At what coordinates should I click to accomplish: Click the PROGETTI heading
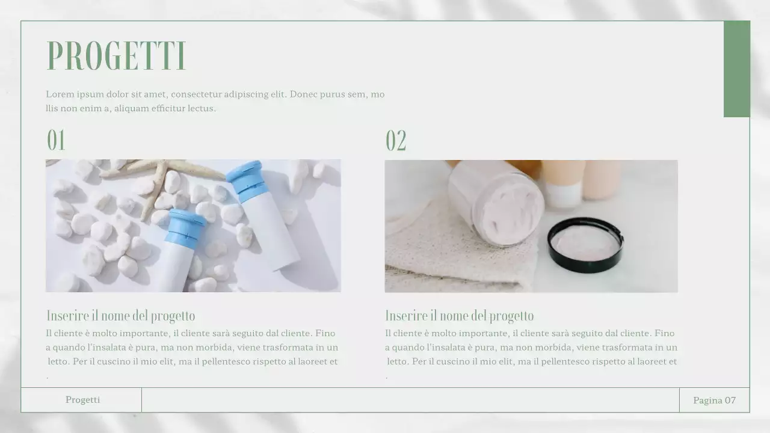[117, 57]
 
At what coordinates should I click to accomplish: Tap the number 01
[56, 140]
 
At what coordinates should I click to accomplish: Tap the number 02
[396, 141]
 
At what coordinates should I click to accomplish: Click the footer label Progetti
[82, 400]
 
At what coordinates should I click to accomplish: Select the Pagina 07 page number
[714, 401]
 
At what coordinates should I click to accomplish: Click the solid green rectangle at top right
[736, 69]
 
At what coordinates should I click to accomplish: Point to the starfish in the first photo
[158, 180]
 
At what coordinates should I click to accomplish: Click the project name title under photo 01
[121, 316]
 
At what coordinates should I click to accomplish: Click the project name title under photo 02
[459, 316]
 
